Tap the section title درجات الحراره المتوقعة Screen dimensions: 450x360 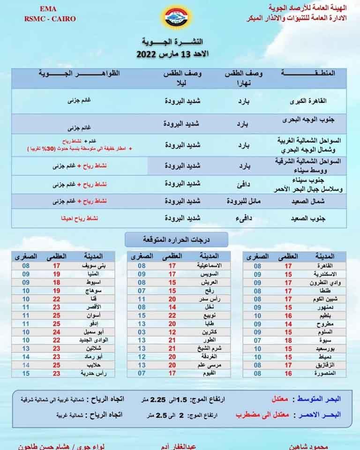click(x=176, y=240)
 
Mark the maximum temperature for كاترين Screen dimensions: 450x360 click(x=173, y=331)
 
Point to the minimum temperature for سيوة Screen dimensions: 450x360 click(x=257, y=340)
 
